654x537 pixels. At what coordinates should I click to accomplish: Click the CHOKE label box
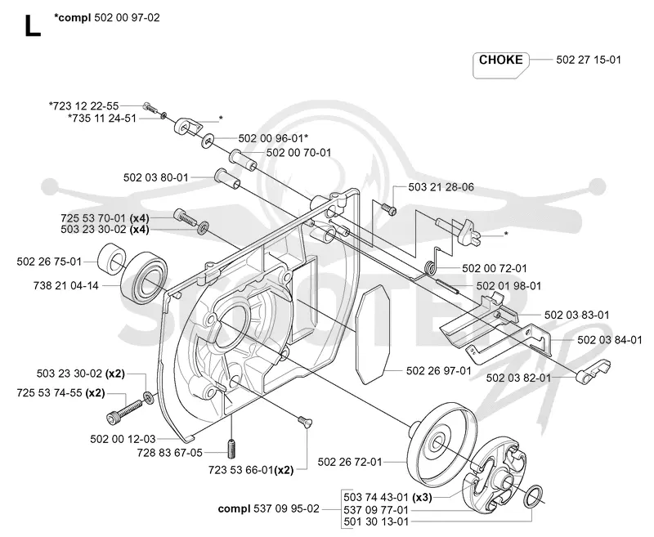(500, 65)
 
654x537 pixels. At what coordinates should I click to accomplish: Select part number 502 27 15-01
(589, 60)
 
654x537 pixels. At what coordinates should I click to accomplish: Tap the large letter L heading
(32, 26)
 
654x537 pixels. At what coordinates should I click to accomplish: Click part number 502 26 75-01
(49, 262)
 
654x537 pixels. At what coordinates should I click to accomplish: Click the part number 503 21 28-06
(441, 187)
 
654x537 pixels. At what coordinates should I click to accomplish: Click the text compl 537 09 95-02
(269, 508)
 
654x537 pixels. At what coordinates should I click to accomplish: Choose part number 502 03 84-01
(610, 340)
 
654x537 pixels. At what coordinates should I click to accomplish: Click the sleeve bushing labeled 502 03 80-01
(227, 180)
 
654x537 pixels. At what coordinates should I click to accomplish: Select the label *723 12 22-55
(84, 106)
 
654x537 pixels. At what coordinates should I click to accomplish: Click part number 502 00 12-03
(123, 439)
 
